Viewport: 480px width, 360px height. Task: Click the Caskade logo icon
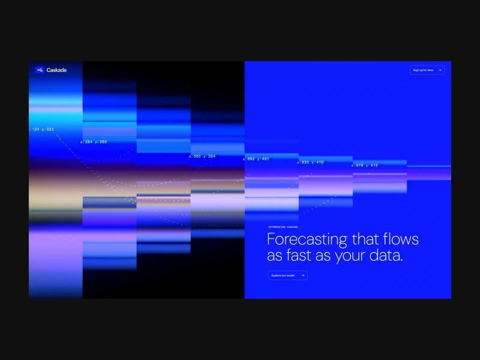(x=40, y=70)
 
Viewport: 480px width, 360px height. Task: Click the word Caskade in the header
(x=56, y=70)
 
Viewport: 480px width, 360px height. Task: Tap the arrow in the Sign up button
(x=440, y=70)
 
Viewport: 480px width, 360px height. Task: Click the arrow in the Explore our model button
(x=302, y=275)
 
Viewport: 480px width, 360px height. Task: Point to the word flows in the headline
(x=401, y=239)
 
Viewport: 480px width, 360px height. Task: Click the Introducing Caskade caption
(x=283, y=227)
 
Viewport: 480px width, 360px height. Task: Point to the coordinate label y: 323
(x=48, y=130)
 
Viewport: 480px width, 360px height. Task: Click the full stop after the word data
(x=401, y=260)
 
